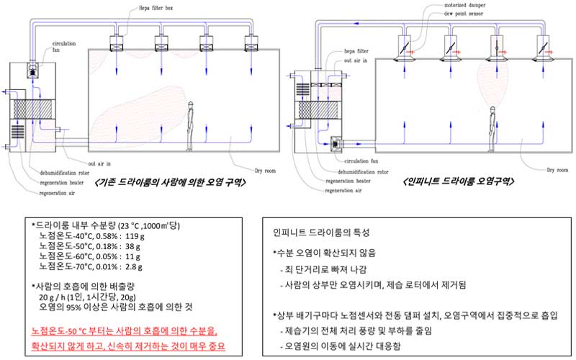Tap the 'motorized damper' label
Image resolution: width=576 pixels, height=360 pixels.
(446, 6)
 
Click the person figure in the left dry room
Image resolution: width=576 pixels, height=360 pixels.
(190, 127)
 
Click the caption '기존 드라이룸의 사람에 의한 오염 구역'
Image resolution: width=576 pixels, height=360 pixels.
(170, 184)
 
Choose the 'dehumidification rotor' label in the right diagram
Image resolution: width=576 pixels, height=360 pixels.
(368, 172)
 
